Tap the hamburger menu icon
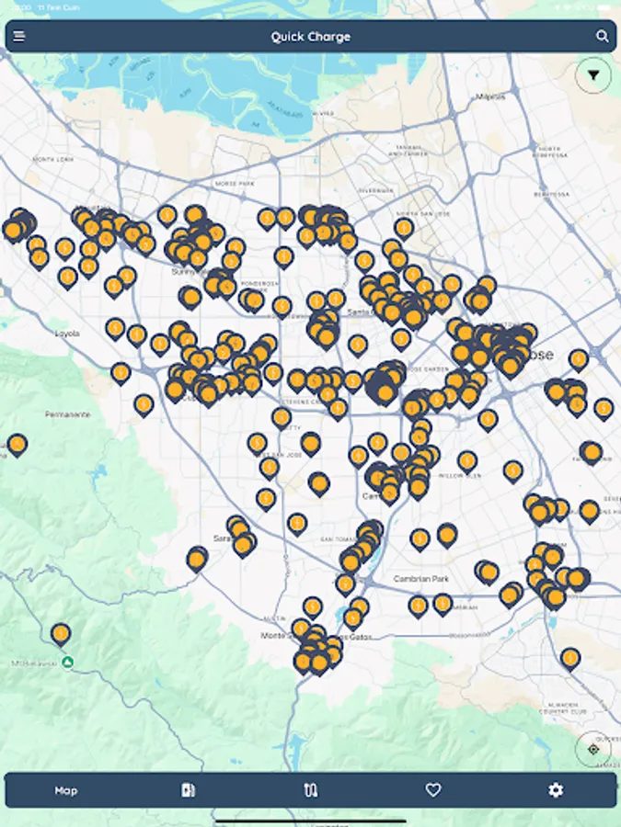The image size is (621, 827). [x=19, y=37]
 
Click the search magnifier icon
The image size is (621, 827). [x=602, y=37]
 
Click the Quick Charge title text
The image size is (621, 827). [x=310, y=37]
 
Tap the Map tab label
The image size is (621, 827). [x=66, y=790]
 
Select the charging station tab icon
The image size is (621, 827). [x=189, y=790]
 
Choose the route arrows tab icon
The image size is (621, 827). [x=311, y=790]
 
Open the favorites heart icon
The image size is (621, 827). [x=433, y=790]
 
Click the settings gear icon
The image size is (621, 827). [x=555, y=790]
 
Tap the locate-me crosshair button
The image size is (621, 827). [x=592, y=749]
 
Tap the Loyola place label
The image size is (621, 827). [x=67, y=334]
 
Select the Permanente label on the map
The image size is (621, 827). [x=68, y=414]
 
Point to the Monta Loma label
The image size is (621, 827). [x=52, y=159]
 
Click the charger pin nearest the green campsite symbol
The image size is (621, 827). [x=61, y=633]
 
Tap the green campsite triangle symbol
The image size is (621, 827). [x=67, y=662]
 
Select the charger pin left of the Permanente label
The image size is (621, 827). [x=17, y=446]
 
